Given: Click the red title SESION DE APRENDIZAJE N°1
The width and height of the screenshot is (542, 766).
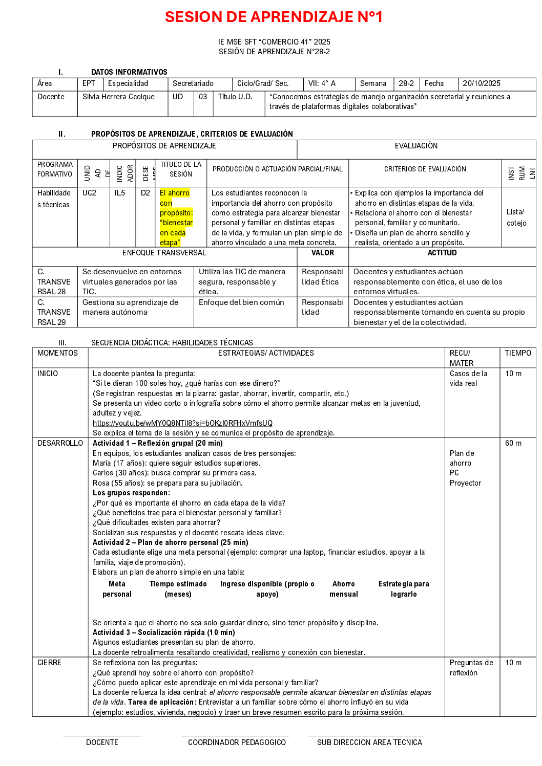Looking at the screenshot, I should (274, 17).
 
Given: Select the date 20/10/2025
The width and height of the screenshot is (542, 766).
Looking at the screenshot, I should (481, 83).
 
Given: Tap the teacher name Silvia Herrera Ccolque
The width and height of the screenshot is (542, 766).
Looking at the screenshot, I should (118, 97).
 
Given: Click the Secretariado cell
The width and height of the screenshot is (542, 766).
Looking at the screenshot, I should (193, 83).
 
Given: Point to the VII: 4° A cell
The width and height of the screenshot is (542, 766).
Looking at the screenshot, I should (322, 83).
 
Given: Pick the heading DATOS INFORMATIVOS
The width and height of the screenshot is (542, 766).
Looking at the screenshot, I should (129, 72).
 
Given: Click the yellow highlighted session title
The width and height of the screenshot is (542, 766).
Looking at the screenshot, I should (176, 217).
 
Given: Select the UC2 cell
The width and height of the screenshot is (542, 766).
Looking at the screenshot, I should (89, 193).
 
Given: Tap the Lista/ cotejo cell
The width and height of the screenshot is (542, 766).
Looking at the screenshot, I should (516, 217).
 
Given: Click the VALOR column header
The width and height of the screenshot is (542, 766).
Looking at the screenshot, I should (322, 253).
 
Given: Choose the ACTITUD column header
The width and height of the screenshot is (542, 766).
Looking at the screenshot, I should (442, 253).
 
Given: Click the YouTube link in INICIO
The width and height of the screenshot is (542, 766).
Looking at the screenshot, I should (182, 423).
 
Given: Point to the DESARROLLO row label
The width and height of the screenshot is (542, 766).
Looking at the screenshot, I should (60, 443).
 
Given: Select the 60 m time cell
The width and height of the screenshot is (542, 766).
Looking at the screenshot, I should (513, 443).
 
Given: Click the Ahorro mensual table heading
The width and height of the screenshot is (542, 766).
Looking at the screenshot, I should (344, 589).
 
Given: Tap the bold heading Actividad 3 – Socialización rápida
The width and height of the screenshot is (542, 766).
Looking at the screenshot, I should (163, 632).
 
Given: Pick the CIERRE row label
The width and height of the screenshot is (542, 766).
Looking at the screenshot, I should (49, 663).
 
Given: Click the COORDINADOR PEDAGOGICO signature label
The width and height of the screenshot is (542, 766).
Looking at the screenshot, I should (237, 742).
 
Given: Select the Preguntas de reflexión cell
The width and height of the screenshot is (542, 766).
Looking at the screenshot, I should (471, 668).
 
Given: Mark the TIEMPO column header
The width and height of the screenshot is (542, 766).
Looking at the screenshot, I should (518, 353).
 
